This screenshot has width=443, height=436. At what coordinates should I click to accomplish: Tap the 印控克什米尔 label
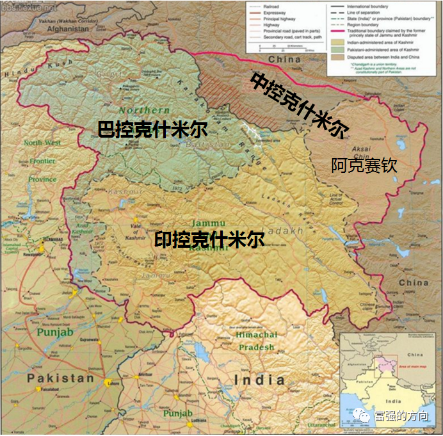[x=209, y=241]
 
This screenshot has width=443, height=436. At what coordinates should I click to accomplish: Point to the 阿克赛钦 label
[x=364, y=166]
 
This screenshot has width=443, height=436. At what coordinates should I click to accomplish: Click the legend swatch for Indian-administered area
[x=338, y=40]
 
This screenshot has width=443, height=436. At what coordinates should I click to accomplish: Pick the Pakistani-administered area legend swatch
[x=338, y=48]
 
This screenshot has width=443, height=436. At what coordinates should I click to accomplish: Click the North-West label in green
[x=42, y=143]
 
